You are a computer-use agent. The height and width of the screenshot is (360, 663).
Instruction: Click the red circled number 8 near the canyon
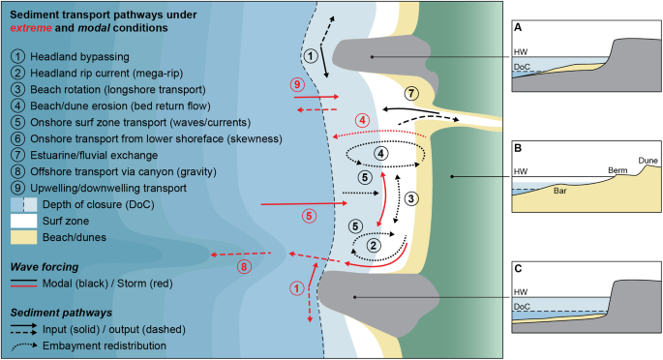(x=244, y=267)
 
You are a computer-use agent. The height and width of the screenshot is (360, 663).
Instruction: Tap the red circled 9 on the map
(x=297, y=84)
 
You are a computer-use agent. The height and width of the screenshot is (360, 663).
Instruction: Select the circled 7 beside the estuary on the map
(x=411, y=93)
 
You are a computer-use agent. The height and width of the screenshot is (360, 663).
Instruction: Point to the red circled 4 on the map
(x=362, y=120)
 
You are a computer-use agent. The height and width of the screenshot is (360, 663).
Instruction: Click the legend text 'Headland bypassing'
(x=80, y=57)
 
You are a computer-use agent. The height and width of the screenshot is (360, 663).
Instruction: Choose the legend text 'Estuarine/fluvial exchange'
(x=94, y=155)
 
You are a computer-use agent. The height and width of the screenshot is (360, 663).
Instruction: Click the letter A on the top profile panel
(x=518, y=28)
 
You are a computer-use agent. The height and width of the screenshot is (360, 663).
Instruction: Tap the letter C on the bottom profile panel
(x=518, y=269)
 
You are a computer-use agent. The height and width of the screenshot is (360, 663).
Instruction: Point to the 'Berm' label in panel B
(x=618, y=170)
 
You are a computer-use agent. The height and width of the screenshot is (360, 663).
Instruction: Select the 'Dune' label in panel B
(x=648, y=161)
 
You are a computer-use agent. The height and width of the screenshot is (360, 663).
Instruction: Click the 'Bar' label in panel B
(x=559, y=191)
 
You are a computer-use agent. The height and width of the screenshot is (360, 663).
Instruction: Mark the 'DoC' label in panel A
(x=522, y=67)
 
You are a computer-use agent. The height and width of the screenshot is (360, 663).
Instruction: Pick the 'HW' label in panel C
(x=521, y=292)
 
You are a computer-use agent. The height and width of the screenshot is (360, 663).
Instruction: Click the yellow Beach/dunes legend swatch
(x=24, y=237)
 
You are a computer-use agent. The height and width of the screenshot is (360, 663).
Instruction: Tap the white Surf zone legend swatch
(x=24, y=221)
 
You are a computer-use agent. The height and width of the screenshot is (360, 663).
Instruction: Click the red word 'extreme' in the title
(x=31, y=28)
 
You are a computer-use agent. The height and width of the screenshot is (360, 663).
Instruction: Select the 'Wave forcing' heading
(x=45, y=267)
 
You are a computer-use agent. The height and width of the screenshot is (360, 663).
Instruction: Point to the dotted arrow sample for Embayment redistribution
(x=24, y=346)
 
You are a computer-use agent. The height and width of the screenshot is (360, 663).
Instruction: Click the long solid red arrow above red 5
(x=305, y=203)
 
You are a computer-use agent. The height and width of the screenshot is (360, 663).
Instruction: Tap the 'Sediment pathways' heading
(x=61, y=313)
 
